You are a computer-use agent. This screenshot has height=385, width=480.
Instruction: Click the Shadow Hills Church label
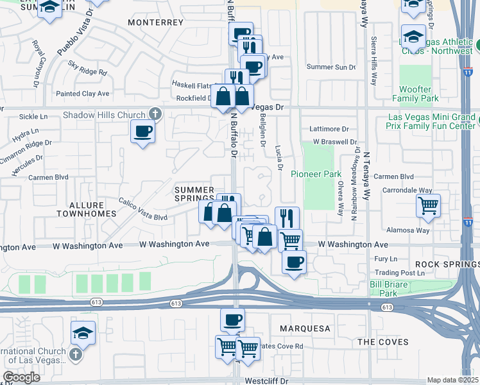coord(105,116)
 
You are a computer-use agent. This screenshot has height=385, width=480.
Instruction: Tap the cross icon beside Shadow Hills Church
coord(154,114)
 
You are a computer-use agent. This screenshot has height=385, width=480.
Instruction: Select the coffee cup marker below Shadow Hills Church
coord(142,132)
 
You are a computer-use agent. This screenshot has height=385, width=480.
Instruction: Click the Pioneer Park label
coord(316,174)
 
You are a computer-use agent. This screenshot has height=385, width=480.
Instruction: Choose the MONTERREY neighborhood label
coord(156,22)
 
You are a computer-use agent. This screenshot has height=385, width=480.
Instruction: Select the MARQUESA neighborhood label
coord(305,329)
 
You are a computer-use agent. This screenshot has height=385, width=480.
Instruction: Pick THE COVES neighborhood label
coord(382,342)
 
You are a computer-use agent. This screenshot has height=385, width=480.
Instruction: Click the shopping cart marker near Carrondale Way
coord(428,206)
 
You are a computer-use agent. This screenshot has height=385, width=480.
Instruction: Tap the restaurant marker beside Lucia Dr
coord(287,218)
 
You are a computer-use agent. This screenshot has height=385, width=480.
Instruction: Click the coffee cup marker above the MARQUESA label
coord(232,319)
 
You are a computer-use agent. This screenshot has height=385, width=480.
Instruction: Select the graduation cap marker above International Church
coord(83,332)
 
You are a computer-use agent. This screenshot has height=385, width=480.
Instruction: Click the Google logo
coord(22,377)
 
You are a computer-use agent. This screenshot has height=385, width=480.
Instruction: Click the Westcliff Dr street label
coord(267,381)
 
